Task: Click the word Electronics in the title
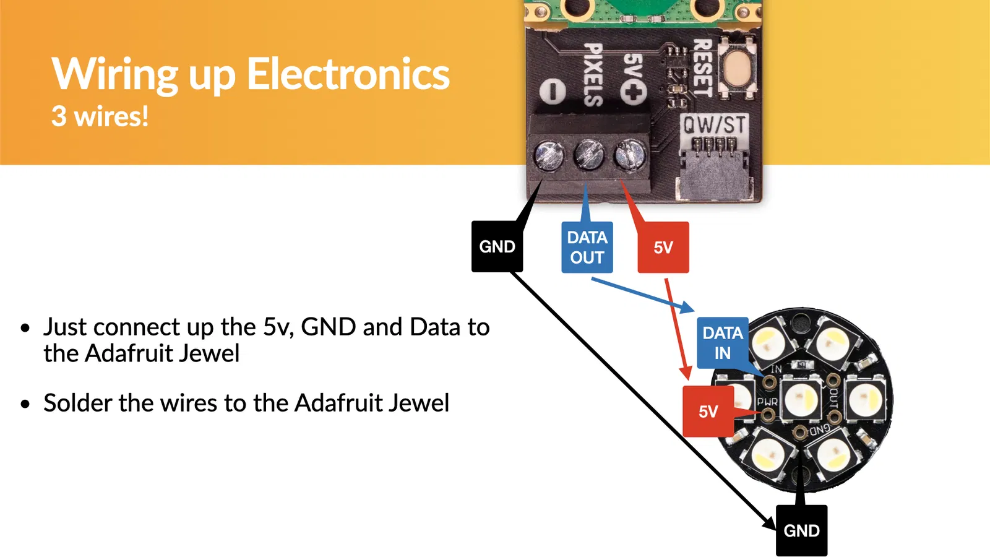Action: coord(348,74)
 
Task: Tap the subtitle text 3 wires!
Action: coord(100,116)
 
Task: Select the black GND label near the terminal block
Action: coord(497,247)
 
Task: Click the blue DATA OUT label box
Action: coord(587,248)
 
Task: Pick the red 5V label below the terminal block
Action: coord(663,248)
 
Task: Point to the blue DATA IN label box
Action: coord(722,343)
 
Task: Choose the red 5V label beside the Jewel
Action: coord(708,412)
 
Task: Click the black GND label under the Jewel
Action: coord(801,530)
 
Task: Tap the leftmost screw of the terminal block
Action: coord(549,155)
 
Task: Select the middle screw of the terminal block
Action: coord(588,155)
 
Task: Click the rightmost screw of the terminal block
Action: coord(629,154)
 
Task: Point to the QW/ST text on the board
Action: coord(714,125)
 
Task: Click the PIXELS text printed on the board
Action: coord(593,74)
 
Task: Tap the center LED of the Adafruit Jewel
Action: coord(801,398)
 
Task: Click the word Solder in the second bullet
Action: coord(79,403)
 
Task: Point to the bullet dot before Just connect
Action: coord(25,327)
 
